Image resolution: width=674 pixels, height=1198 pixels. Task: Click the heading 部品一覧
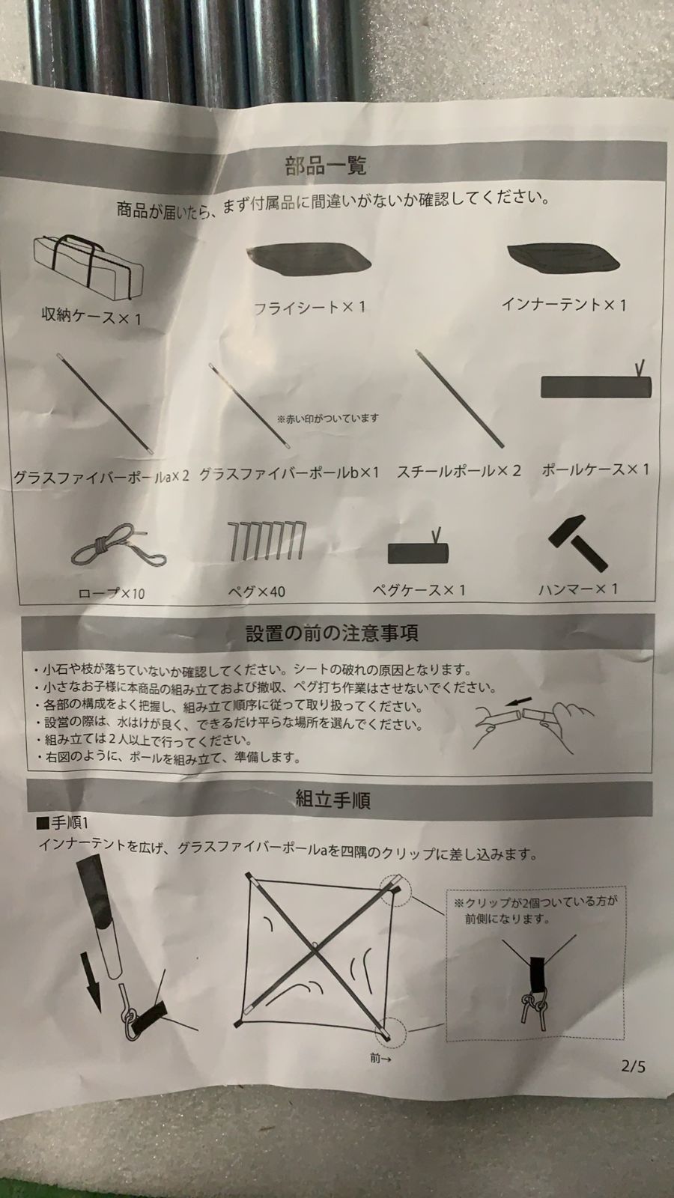click(326, 165)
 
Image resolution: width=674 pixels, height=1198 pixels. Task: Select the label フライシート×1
click(309, 307)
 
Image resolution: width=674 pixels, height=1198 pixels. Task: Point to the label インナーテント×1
click(564, 304)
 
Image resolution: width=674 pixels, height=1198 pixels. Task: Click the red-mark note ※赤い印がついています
click(327, 419)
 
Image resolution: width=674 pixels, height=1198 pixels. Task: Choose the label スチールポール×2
click(459, 471)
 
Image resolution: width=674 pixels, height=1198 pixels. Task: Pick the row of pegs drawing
click(267, 541)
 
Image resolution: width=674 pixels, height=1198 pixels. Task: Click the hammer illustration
click(579, 544)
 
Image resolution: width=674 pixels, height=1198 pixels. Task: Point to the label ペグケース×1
click(419, 590)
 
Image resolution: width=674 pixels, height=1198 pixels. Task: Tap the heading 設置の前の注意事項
click(332, 633)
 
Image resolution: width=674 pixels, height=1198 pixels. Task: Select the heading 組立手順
click(333, 800)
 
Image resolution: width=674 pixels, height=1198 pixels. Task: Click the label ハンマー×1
click(577, 589)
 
